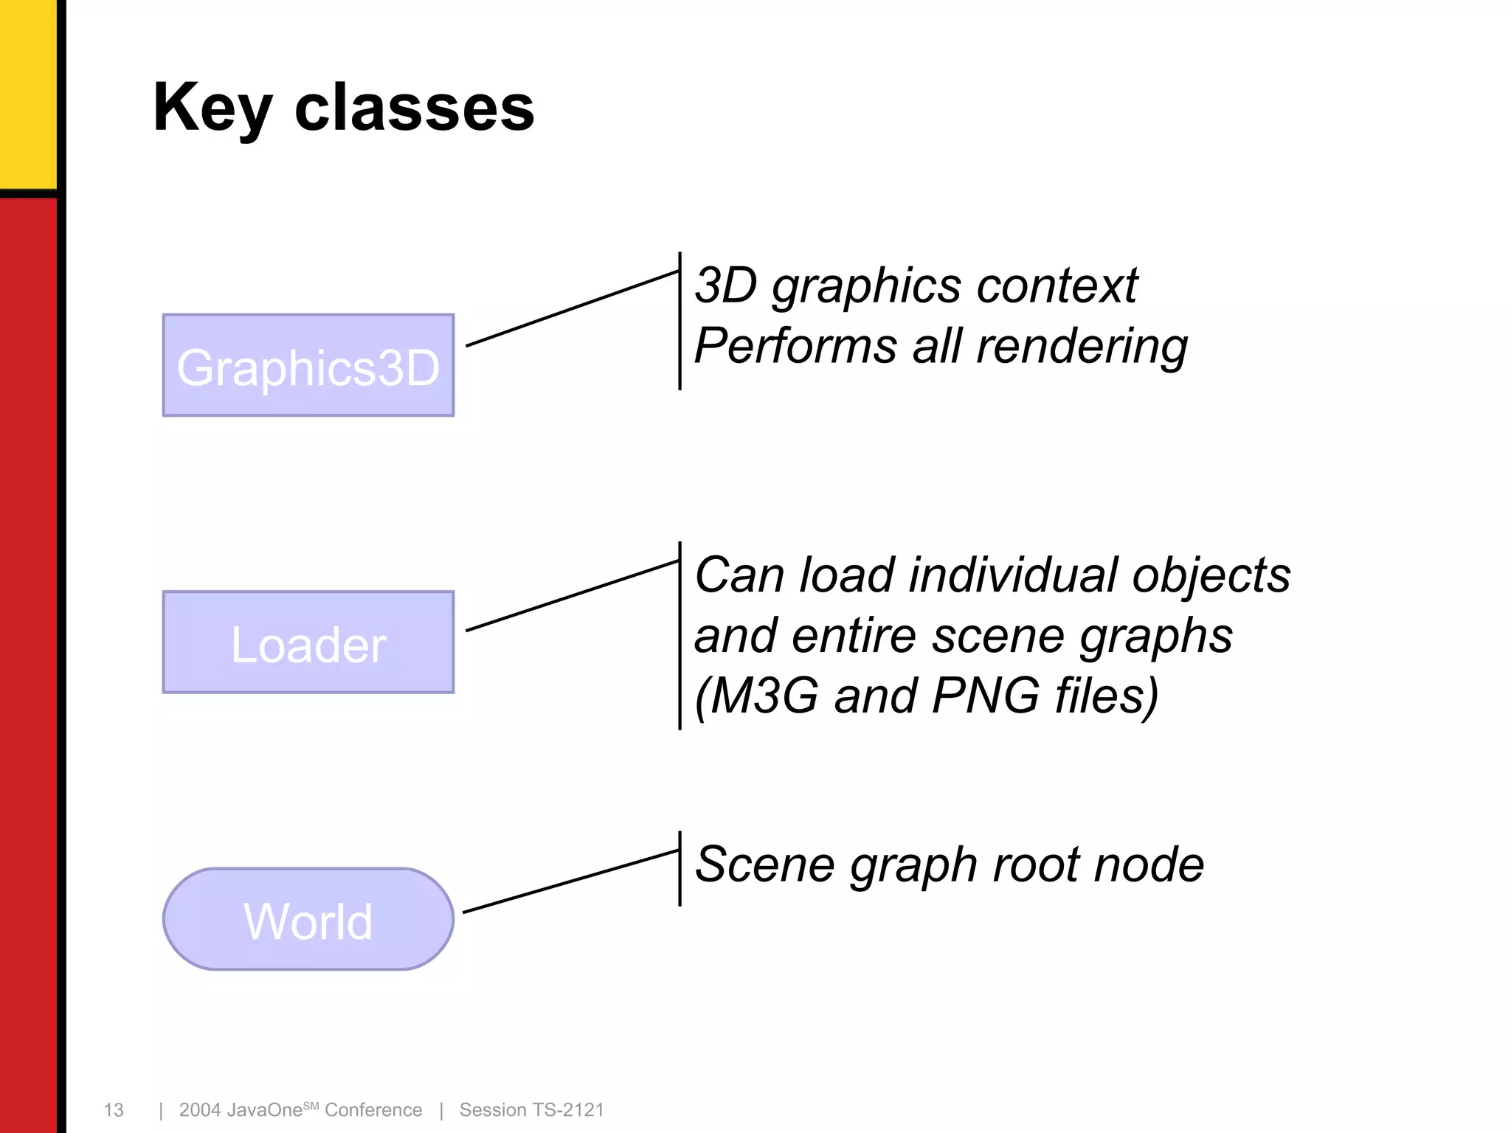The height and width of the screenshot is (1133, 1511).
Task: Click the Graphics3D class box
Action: click(x=308, y=366)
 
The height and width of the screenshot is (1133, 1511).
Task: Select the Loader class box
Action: click(x=308, y=642)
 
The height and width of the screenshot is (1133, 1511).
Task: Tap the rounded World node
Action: click(x=308, y=919)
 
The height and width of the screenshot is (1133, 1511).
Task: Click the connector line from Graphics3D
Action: click(x=573, y=308)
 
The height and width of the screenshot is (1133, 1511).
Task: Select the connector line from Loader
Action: click(x=573, y=596)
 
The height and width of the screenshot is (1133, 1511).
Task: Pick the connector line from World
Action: click(x=571, y=881)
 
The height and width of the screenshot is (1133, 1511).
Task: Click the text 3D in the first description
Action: click(x=726, y=286)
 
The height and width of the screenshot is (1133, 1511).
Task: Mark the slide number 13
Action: click(x=114, y=1110)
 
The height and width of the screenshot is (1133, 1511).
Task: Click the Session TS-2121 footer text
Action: click(x=531, y=1110)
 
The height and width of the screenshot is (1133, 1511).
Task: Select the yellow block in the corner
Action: click(x=28, y=93)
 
